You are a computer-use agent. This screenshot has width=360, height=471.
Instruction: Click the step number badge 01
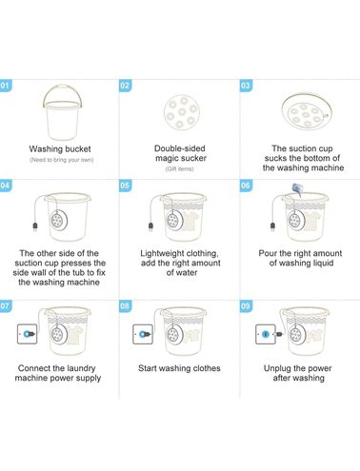pos(6,86)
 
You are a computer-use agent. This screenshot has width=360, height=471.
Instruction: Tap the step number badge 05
pos(125,186)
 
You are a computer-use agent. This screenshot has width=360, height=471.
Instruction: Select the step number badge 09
pos(246,306)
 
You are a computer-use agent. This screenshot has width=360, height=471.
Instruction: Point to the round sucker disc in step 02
pos(182,112)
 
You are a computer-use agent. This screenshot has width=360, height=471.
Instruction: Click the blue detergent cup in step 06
pos(297,189)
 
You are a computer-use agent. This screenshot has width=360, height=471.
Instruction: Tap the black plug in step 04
pos(35,226)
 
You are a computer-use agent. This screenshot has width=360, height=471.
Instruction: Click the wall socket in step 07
pos(27,334)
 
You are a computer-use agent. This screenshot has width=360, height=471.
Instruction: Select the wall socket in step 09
pos(266,334)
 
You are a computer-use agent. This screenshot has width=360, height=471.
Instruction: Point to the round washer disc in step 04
pos(59,220)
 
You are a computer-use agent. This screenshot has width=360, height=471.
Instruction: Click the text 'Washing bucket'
pos(60,148)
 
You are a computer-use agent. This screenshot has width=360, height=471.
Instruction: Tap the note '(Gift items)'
pos(179,168)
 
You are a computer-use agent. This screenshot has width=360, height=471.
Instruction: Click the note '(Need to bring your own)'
pos(62,160)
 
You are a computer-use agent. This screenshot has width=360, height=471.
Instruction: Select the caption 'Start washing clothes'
pos(179,368)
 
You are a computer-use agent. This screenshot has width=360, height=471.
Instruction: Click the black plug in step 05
pos(151,226)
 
